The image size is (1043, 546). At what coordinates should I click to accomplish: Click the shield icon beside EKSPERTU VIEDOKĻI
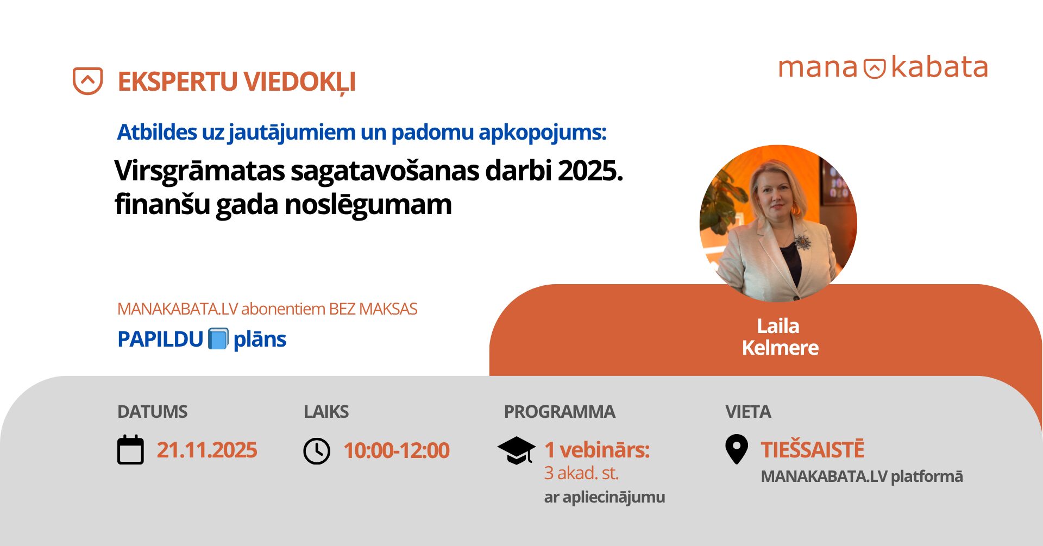point(87,81)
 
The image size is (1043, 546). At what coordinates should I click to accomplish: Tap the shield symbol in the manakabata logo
point(875,68)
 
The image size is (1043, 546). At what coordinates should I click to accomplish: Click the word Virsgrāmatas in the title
point(199,171)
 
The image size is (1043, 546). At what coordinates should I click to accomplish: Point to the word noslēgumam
point(368,205)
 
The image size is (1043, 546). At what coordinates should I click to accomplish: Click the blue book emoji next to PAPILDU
point(218,339)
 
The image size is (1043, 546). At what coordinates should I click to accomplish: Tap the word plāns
point(260,340)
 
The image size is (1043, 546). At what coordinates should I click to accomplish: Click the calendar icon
point(131,450)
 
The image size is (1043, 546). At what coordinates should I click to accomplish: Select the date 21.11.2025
point(207,450)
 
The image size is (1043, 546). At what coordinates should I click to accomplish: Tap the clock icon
point(317,451)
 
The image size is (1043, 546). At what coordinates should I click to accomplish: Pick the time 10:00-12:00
point(397,450)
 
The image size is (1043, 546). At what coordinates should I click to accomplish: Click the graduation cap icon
point(516,450)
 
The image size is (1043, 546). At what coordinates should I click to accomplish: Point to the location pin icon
point(736,449)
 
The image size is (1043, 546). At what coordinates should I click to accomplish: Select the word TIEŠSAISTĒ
point(812,450)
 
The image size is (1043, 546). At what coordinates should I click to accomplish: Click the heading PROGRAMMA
point(560,412)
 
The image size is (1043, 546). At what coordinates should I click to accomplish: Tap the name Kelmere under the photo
point(780,348)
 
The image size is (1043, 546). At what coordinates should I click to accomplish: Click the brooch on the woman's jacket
point(802,241)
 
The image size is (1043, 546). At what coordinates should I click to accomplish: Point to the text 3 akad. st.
point(581,473)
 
